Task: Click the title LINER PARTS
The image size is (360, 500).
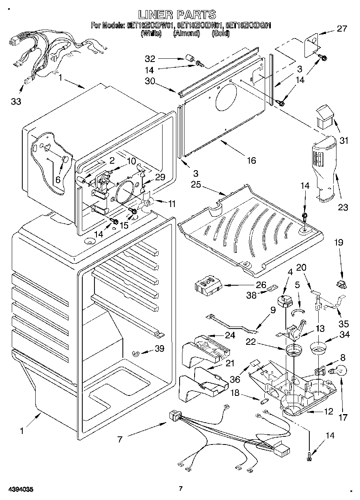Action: pyautogui.click(x=177, y=15)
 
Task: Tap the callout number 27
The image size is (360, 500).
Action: pyautogui.click(x=342, y=29)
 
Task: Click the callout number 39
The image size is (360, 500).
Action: pyautogui.click(x=159, y=348)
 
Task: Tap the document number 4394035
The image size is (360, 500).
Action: pyautogui.click(x=19, y=489)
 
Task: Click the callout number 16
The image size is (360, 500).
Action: pyautogui.click(x=251, y=160)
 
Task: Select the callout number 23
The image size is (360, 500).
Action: pyautogui.click(x=343, y=207)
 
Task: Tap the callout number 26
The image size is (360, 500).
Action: pyautogui.click(x=261, y=284)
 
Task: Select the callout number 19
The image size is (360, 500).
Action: pyautogui.click(x=339, y=243)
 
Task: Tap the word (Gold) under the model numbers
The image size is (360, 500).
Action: pyautogui.click(x=221, y=34)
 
